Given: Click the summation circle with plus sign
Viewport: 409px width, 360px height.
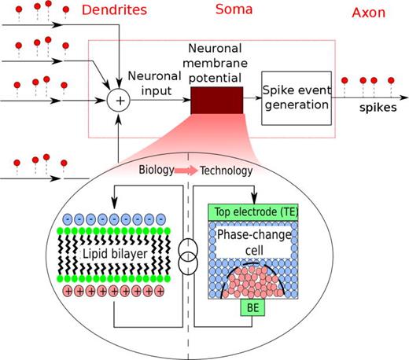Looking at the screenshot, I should click(118, 101).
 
